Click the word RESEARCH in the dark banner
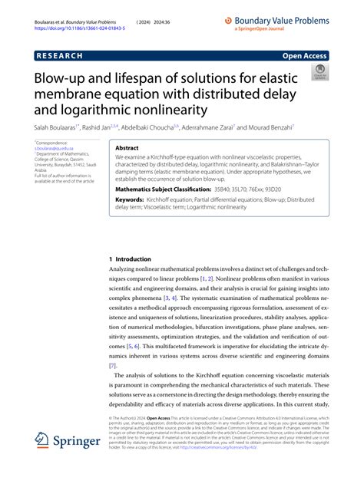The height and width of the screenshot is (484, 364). tap(62, 56)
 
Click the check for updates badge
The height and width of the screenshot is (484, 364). tap(317, 74)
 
